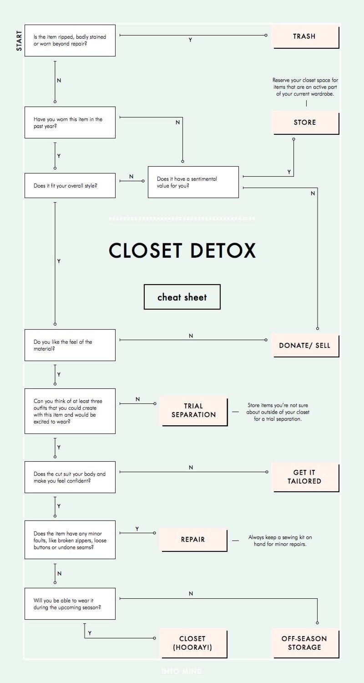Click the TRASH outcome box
pyautogui.click(x=305, y=36)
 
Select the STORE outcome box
pyautogui.click(x=305, y=122)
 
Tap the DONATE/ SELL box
pyautogui.click(x=305, y=345)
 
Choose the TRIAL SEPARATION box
pyautogui.click(x=194, y=411)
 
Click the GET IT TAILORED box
pyautogui.click(x=305, y=477)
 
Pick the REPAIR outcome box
pyautogui.click(x=193, y=540)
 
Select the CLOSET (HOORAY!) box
pyautogui.click(x=193, y=643)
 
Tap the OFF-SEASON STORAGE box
pyautogui.click(x=305, y=643)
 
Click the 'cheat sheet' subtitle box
pyautogui.click(x=182, y=297)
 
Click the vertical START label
pyautogui.click(x=19, y=40)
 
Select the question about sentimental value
pyautogui.click(x=193, y=182)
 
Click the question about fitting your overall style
pyautogui.click(x=70, y=185)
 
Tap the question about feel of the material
pyautogui.click(x=70, y=345)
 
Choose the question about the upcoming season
pyautogui.click(x=70, y=604)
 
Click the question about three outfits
pyautogui.click(x=70, y=411)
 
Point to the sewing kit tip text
pyautogui.click(x=280, y=540)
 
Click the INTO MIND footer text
pyautogui.click(x=182, y=671)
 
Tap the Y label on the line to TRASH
pyautogui.click(x=190, y=40)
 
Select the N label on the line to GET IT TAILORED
pyautogui.click(x=191, y=467)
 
